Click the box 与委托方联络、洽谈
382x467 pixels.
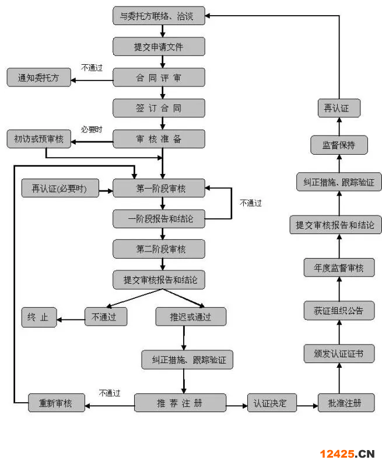159,16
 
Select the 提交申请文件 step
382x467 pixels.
159,46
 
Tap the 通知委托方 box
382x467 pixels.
38,77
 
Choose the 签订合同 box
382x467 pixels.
159,108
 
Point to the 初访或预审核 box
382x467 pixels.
38,139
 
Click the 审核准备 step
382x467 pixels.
159,139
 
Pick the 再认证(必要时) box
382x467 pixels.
59,189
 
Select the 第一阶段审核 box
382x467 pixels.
159,188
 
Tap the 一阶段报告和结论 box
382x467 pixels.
159,219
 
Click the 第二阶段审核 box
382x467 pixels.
159,249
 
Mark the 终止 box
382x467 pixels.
38,317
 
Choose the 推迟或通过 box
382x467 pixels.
190,317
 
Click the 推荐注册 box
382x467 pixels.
180,403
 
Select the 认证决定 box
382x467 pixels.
271,403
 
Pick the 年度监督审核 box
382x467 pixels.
339,268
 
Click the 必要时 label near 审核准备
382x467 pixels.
92,129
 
